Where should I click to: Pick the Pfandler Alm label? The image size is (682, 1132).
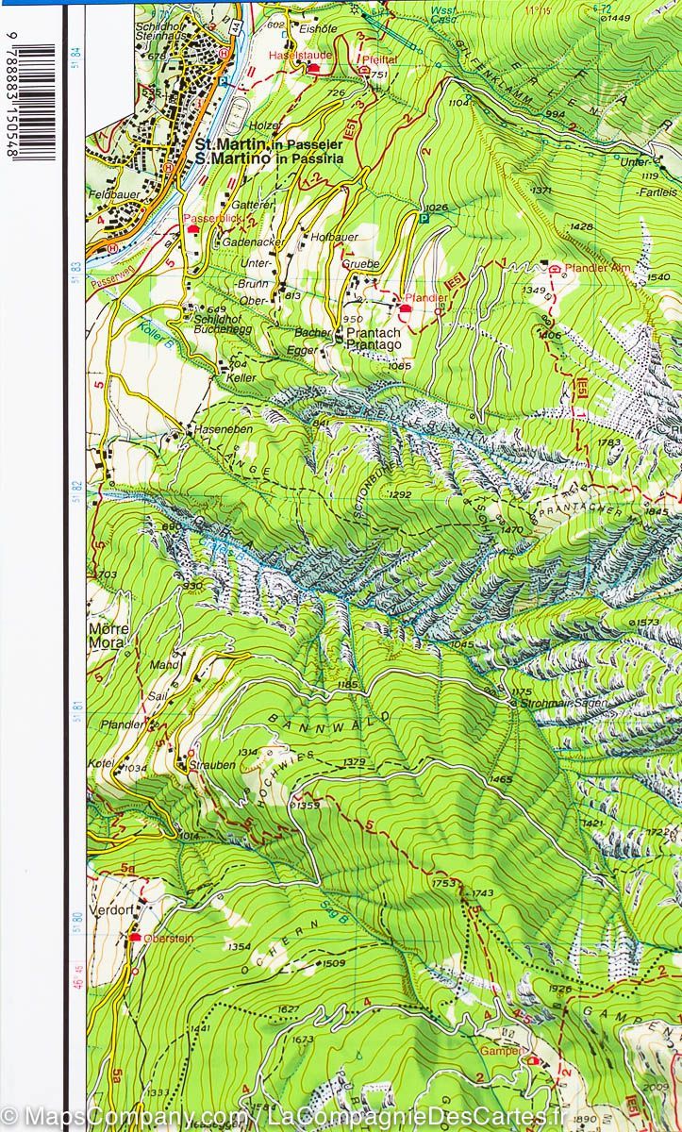[x=596, y=269]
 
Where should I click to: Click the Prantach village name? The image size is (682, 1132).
[x=374, y=333]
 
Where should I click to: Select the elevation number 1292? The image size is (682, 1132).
[x=400, y=494]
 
